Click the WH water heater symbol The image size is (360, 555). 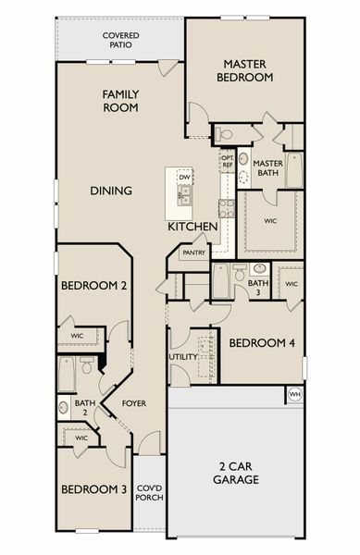click(x=295, y=394)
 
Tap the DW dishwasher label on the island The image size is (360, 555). click(x=184, y=176)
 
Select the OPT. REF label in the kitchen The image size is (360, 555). click(x=227, y=161)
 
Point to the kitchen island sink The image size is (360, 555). click(x=185, y=195)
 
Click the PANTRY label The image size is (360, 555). click(x=193, y=252)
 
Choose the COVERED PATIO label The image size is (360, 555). click(x=119, y=40)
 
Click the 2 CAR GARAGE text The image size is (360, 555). click(x=234, y=473)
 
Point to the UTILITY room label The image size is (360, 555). click(x=181, y=356)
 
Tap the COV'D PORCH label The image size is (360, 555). click(x=149, y=494)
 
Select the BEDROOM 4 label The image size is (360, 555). click(x=262, y=343)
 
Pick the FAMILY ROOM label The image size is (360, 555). click(x=120, y=100)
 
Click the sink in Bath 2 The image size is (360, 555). click(x=64, y=405)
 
